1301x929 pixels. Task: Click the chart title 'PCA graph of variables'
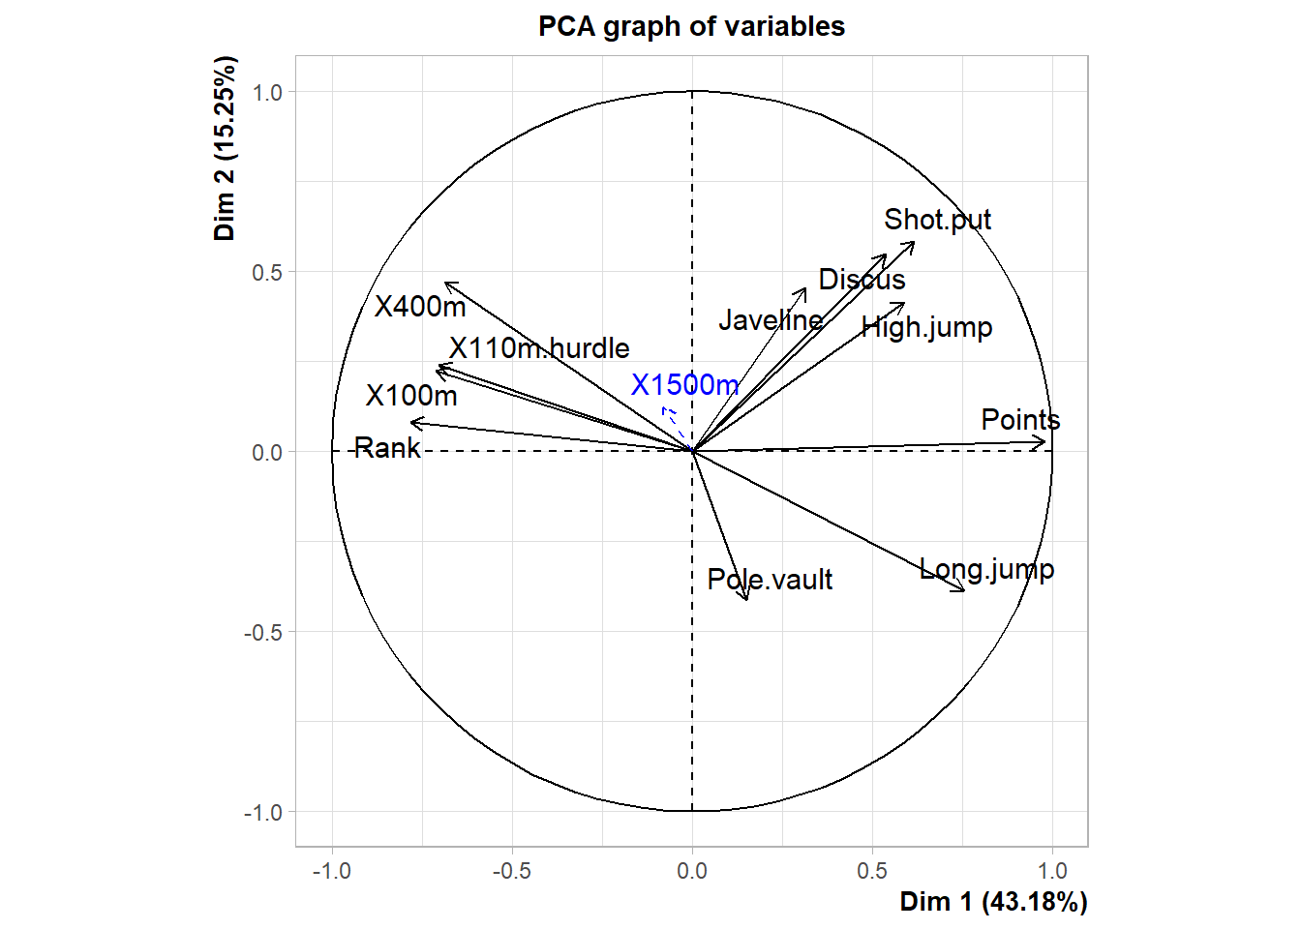(691, 26)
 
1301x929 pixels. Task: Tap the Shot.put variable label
(937, 220)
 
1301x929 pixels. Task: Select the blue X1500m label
(684, 385)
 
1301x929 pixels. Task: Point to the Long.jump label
(986, 569)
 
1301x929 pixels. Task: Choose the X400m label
(420, 307)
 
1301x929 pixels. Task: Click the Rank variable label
(387, 447)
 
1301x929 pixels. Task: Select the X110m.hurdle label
(539, 348)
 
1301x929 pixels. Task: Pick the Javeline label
(771, 320)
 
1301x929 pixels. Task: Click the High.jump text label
(926, 327)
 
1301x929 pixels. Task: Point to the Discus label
(862, 280)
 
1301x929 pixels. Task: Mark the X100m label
(411, 396)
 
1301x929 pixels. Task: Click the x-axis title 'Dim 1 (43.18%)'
(993, 902)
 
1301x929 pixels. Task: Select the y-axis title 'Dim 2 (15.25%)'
(226, 148)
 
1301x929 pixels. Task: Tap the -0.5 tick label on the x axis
(511, 871)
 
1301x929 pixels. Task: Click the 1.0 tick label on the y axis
(267, 93)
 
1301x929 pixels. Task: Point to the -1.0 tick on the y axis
(263, 813)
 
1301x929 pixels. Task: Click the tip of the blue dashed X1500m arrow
(663, 408)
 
